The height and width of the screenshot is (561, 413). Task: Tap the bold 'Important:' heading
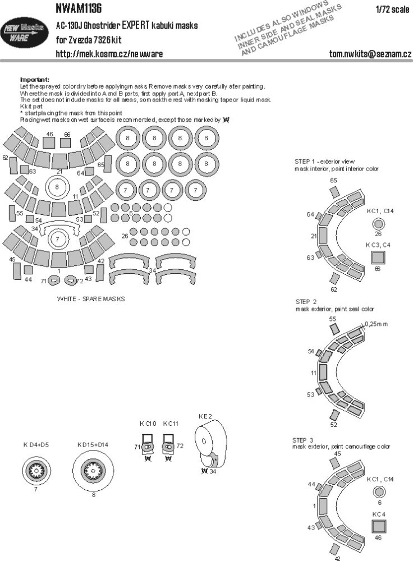[x=35, y=79]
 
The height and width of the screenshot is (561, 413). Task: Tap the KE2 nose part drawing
[x=210, y=442]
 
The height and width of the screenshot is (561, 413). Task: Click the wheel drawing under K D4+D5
[x=35, y=467]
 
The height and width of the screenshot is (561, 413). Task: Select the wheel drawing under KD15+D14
[x=94, y=466]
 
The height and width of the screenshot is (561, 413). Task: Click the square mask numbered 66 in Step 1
[x=378, y=257]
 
